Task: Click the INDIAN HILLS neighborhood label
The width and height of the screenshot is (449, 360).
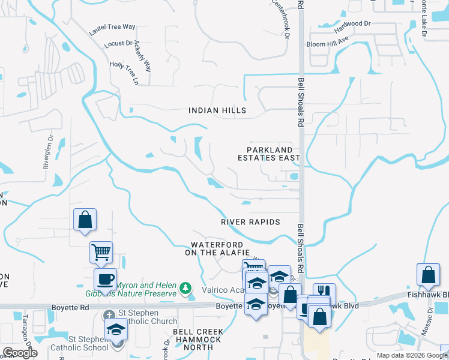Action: click(217, 110)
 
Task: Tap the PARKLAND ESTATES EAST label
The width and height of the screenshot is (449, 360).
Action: click(273, 154)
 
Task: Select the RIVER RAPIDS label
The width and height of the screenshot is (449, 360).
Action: click(250, 222)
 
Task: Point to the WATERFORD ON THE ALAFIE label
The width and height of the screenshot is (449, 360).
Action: click(217, 249)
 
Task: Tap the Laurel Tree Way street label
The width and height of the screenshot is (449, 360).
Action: click(112, 28)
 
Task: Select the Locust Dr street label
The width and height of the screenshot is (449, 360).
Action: click(118, 44)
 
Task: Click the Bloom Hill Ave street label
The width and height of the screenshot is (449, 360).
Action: click(328, 43)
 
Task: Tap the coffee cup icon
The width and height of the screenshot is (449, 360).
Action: click(106, 279)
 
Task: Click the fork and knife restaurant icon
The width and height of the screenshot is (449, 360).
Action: click(324, 293)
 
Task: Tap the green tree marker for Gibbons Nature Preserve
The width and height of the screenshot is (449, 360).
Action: click(186, 289)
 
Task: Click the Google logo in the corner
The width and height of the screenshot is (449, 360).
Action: click(20, 353)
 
